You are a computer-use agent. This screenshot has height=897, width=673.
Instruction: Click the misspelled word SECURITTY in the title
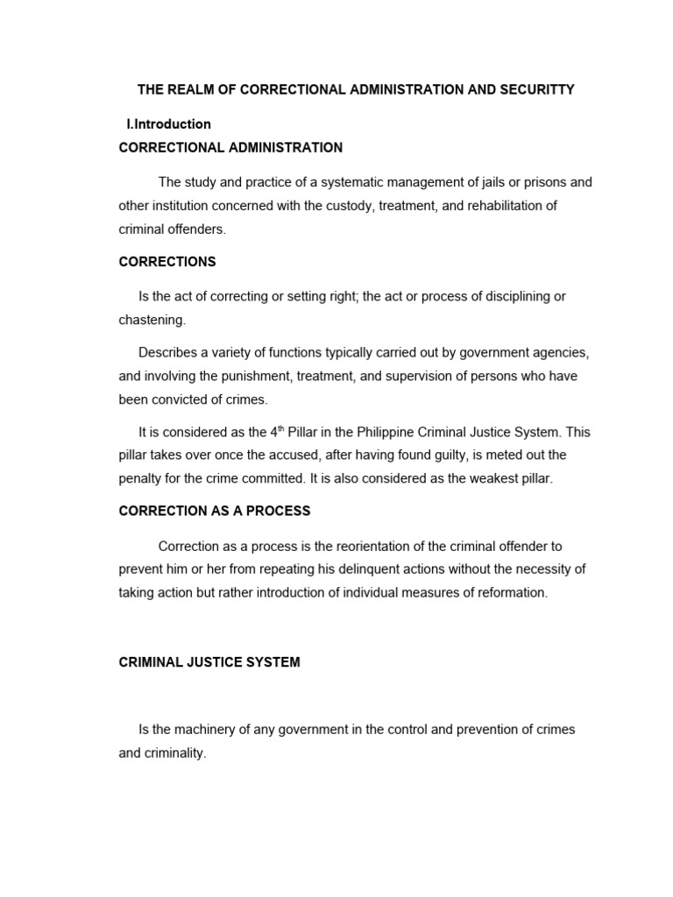tap(536, 90)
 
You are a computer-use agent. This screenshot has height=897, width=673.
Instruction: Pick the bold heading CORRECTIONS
tap(167, 262)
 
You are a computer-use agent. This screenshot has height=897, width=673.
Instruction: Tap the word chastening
tap(152, 320)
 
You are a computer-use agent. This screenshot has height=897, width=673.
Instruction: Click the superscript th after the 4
tap(280, 428)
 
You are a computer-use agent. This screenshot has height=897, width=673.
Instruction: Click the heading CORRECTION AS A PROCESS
tap(215, 511)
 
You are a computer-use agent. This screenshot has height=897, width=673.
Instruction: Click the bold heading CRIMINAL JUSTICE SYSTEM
tap(209, 662)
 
